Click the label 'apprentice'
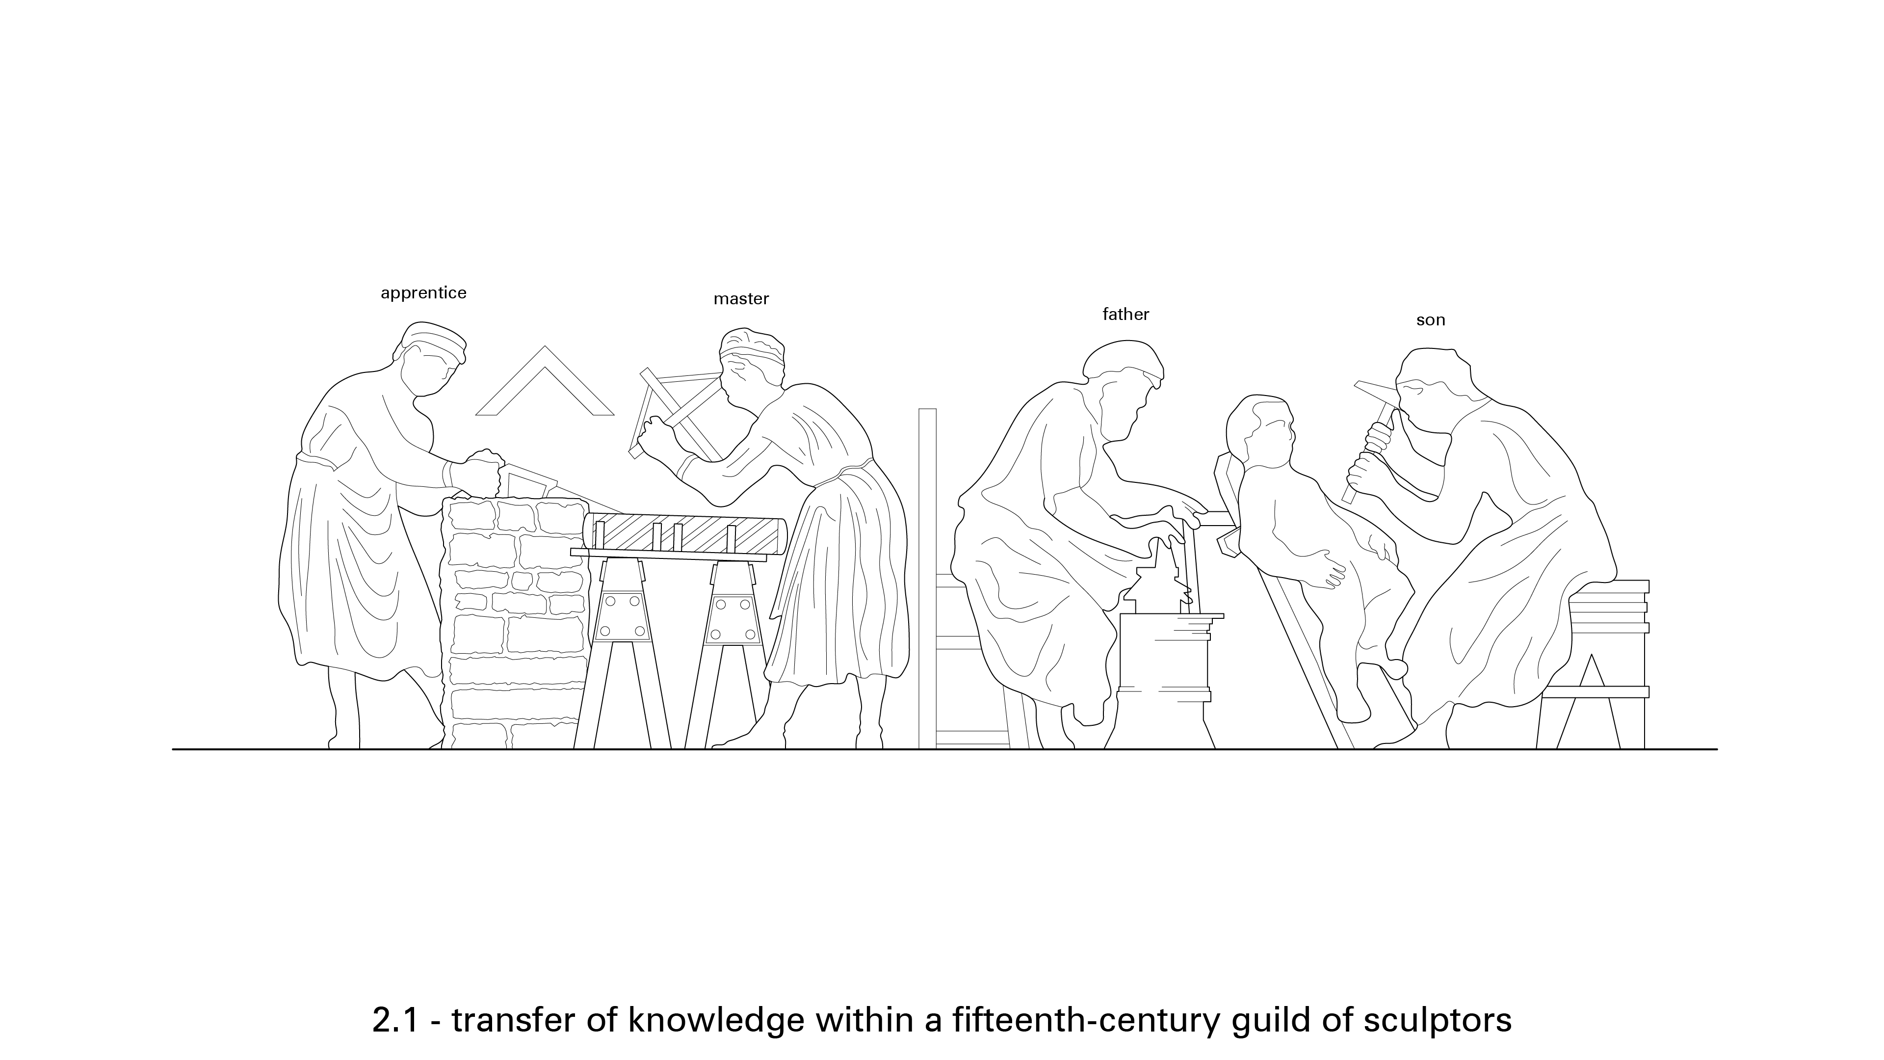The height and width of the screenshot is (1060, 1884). click(x=423, y=293)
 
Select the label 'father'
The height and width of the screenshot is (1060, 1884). click(x=1125, y=315)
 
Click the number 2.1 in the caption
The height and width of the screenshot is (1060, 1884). click(x=395, y=1020)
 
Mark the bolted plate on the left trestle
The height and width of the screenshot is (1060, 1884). click(x=623, y=618)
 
